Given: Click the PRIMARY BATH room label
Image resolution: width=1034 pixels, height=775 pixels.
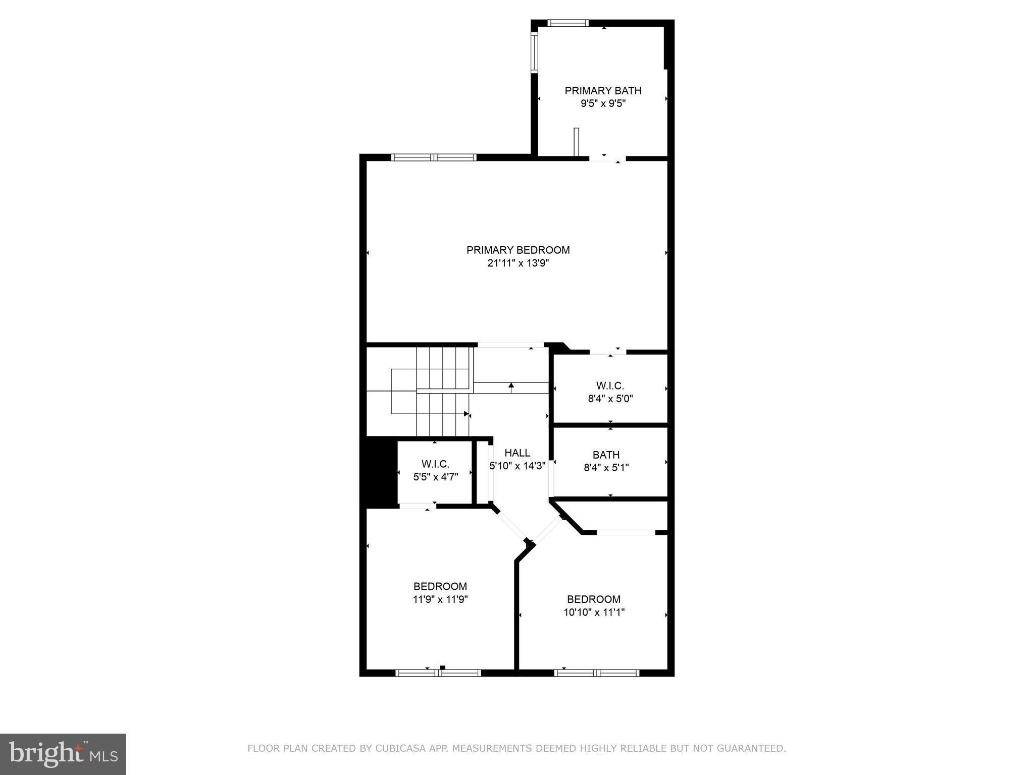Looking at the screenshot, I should (x=603, y=91).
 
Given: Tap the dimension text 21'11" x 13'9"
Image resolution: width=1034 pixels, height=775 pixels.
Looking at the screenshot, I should (x=518, y=263).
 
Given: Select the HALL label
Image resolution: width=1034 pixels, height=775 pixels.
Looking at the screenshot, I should (x=517, y=453).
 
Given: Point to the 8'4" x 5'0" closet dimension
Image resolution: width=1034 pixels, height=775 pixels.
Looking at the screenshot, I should (x=610, y=399).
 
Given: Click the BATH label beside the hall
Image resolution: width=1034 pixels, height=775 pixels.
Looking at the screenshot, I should (x=606, y=455).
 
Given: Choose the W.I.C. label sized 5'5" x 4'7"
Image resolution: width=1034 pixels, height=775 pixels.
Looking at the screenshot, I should (x=435, y=464).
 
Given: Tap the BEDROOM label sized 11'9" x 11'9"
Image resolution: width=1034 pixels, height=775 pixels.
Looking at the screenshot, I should (x=440, y=586).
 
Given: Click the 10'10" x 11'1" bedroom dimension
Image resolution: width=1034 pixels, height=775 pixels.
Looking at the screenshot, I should (x=594, y=613).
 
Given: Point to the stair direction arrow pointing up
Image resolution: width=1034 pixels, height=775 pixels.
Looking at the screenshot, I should (x=511, y=386).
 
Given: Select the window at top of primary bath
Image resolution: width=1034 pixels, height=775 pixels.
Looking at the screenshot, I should (x=568, y=23).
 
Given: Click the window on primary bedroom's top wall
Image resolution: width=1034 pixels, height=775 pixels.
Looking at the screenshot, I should (x=434, y=157).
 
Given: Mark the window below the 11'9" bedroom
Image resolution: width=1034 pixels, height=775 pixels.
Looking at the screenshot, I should (x=438, y=673).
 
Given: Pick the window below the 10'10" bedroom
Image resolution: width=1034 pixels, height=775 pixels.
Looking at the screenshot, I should (x=597, y=673).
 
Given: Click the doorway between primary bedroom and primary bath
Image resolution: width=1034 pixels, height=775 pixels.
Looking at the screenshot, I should (x=607, y=158).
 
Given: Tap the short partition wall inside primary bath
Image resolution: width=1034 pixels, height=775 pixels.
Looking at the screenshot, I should (x=576, y=142).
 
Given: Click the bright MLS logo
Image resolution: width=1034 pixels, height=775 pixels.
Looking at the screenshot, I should (x=63, y=754).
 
